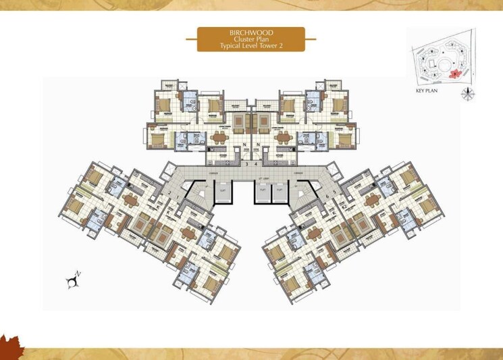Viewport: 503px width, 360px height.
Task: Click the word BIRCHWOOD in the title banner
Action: pos(250,32)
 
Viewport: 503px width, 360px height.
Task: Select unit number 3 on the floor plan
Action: pos(247,164)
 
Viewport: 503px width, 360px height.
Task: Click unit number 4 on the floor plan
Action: pos(256,164)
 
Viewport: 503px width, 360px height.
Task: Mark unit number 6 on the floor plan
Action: pos(327,196)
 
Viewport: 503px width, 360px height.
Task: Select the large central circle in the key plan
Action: pos(446,64)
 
